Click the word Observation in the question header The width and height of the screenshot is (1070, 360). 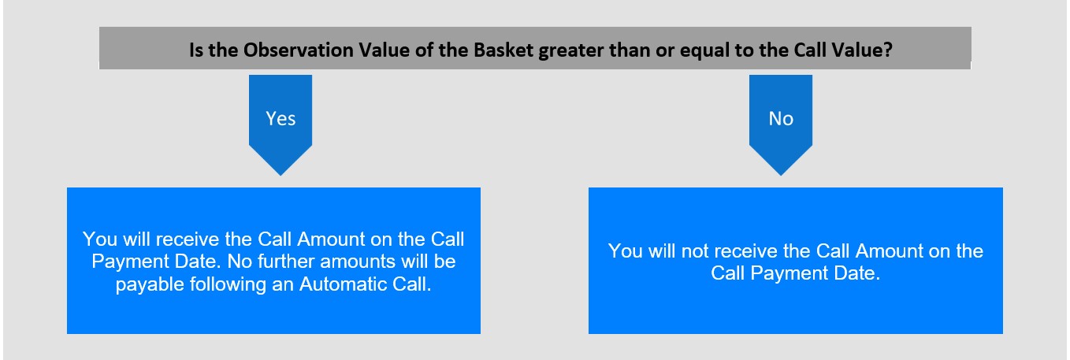(x=298, y=50)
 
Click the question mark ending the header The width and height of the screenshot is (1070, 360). (x=887, y=50)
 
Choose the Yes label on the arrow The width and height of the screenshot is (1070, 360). (x=281, y=118)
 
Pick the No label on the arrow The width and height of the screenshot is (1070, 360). (x=781, y=118)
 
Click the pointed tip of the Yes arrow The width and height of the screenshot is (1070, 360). (x=281, y=175)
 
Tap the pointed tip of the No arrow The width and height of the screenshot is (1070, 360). (x=781, y=175)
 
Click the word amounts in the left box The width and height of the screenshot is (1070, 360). (x=357, y=262)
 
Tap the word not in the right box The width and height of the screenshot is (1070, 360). (x=695, y=251)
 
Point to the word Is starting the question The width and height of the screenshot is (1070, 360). (x=196, y=50)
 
